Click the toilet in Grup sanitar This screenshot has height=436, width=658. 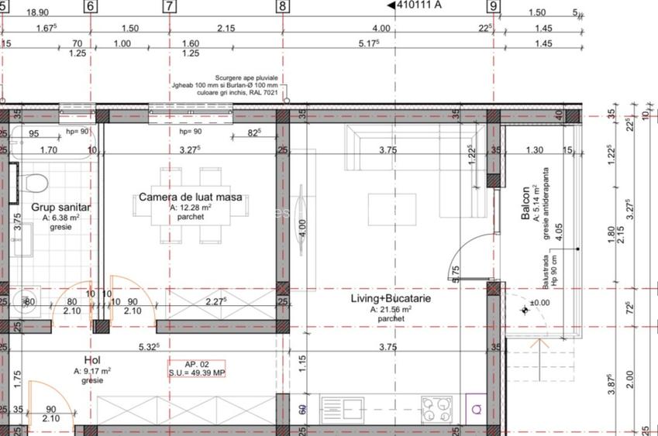(x=35, y=184)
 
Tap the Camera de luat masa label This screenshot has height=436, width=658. (x=190, y=197)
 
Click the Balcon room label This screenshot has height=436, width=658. (x=525, y=203)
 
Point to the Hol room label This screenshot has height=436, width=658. (x=91, y=360)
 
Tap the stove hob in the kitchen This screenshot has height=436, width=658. (x=436, y=407)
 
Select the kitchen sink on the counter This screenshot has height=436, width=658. (x=357, y=407)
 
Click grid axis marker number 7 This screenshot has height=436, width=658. (x=169, y=7)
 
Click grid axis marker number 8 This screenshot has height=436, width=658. (x=282, y=7)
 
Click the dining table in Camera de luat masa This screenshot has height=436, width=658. (x=190, y=204)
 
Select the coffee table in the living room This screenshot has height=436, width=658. (x=391, y=209)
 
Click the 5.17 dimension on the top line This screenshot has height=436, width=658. (x=370, y=44)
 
